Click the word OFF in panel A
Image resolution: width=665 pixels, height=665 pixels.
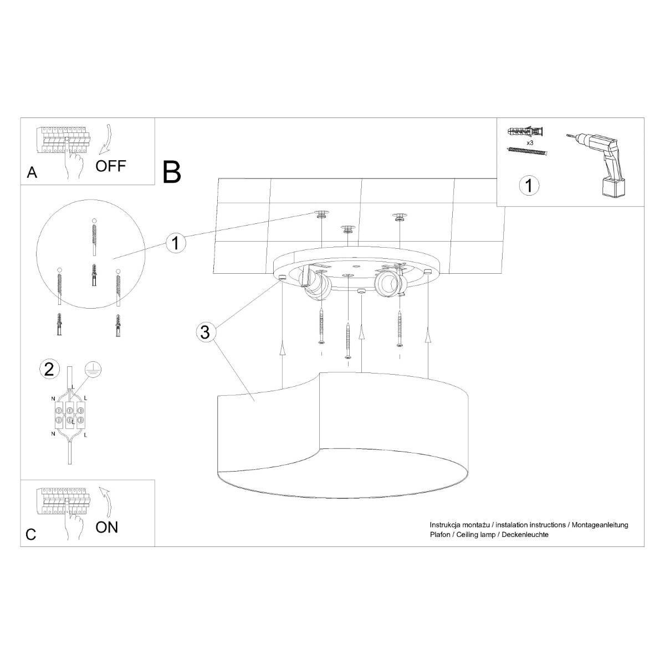111,166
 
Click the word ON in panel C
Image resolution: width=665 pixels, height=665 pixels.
106,527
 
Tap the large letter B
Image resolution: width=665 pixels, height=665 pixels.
171,172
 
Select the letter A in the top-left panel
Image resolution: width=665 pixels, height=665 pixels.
32,172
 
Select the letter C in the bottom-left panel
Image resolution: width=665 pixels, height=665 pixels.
30,535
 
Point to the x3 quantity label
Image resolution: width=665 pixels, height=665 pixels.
530,142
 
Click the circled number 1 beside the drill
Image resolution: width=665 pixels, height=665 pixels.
529,185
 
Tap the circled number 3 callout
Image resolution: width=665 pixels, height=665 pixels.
206,332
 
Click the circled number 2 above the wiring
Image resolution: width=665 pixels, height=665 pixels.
49,370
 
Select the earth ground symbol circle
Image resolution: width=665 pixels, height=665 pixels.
93,370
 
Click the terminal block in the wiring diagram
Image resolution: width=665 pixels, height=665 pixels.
70,415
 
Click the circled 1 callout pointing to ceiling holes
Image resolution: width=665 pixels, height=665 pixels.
176,243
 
